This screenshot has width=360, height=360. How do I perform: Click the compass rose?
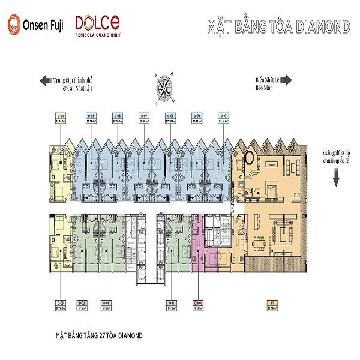[x=163, y=89]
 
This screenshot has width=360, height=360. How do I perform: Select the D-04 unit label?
[x=61, y=116]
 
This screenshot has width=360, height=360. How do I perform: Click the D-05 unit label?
[x=92, y=116]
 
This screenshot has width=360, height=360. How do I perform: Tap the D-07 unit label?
[x=144, y=116]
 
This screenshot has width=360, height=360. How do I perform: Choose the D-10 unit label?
[x=223, y=116]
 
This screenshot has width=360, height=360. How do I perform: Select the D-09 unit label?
[x=196, y=116]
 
